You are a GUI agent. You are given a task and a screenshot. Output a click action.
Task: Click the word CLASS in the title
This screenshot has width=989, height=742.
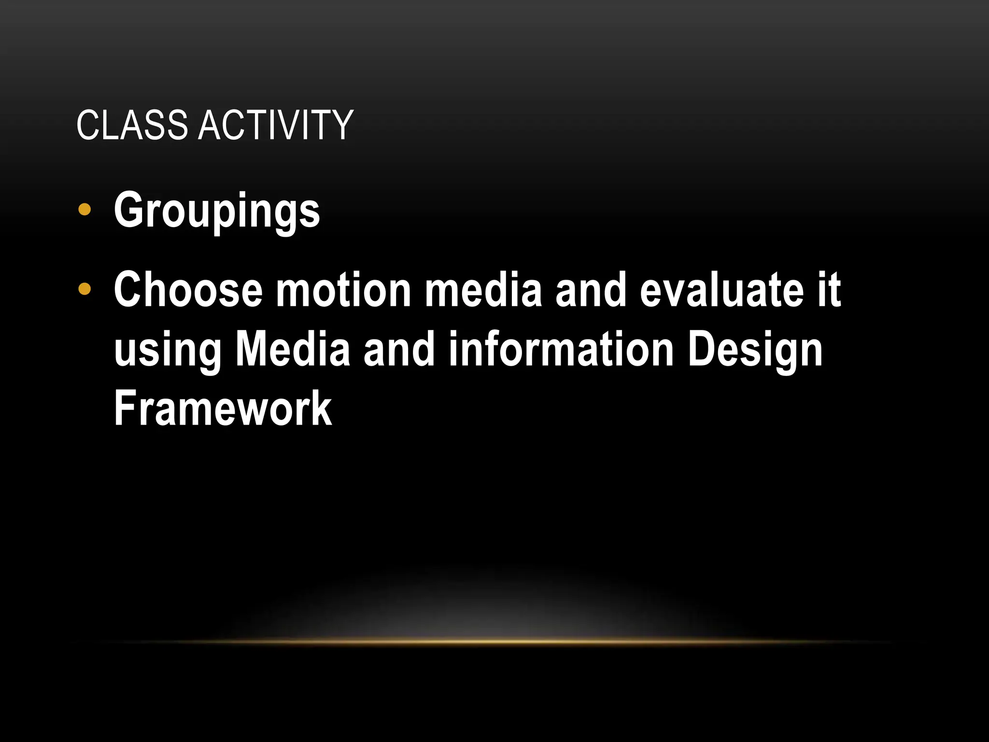(x=131, y=125)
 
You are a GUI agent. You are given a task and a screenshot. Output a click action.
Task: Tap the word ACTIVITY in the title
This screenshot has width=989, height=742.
(x=276, y=125)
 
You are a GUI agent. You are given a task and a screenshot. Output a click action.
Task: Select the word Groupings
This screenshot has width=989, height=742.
(x=217, y=211)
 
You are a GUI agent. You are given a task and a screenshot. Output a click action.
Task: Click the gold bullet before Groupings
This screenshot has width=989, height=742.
(x=85, y=210)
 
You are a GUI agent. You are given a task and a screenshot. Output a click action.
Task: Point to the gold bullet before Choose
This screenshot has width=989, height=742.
(x=85, y=289)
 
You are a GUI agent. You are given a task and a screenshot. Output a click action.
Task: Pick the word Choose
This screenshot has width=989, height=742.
(x=188, y=289)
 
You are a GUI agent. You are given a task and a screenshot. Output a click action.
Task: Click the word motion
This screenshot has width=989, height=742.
(x=343, y=289)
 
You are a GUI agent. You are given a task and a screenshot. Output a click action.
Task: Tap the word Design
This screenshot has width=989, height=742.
(x=755, y=350)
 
